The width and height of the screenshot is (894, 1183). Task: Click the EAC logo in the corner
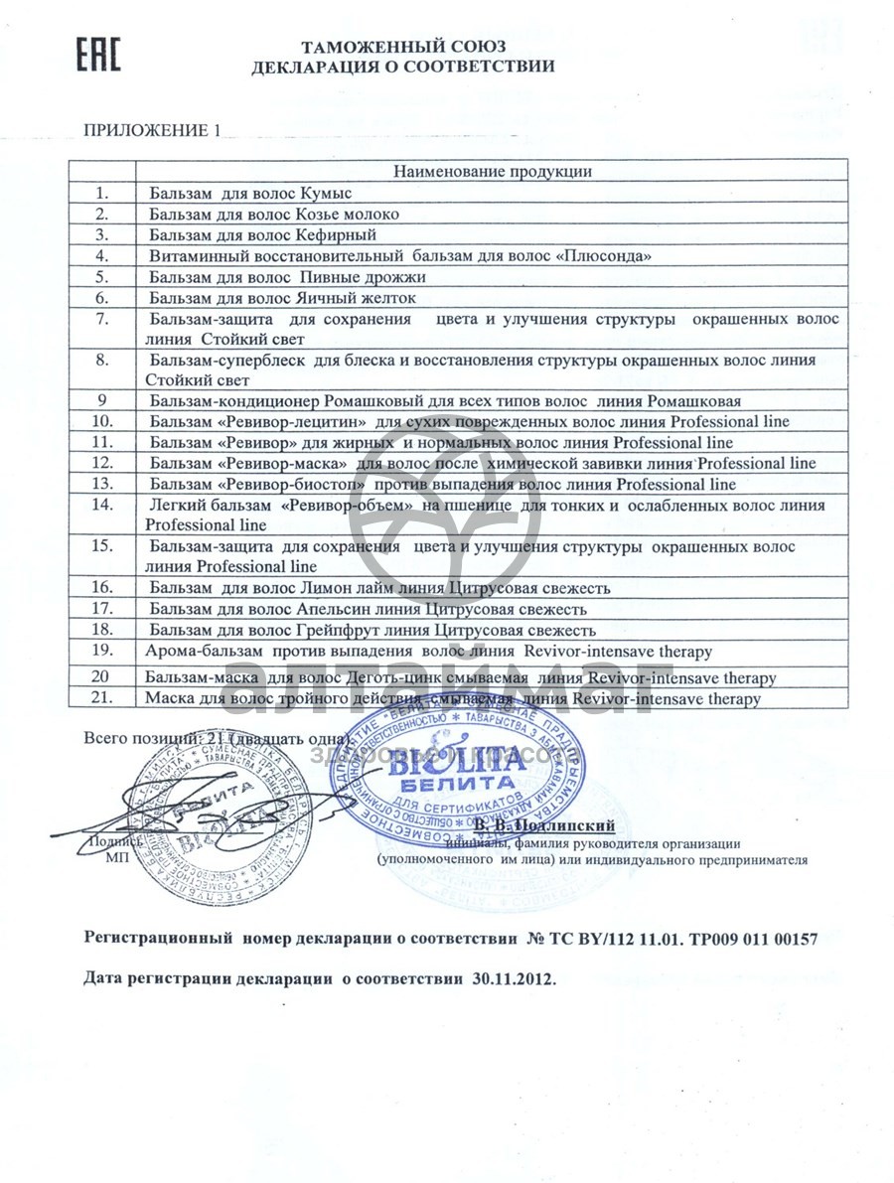tap(98, 56)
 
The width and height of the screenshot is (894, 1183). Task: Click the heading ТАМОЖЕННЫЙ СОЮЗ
tap(403, 47)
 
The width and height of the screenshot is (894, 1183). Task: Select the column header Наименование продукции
tap(493, 171)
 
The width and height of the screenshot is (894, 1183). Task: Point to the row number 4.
tap(101, 255)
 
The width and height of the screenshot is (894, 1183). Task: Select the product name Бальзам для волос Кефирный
tap(262, 234)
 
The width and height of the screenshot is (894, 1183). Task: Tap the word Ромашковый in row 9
tap(364, 400)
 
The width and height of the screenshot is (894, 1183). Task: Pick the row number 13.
tap(101, 484)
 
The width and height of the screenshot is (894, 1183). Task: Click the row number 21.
tap(101, 698)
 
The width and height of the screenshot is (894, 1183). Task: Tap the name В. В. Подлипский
tap(544, 825)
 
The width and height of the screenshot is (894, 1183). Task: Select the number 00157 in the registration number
tap(794, 938)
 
